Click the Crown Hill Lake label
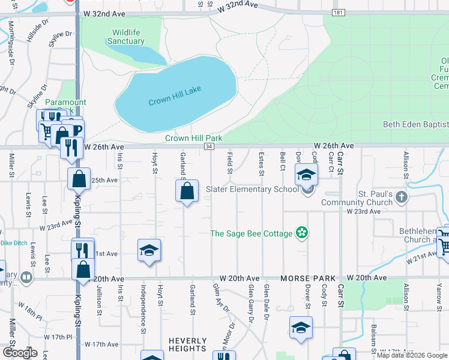point(175,96)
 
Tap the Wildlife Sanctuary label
point(125,37)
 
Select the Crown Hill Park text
point(194,138)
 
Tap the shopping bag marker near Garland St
point(187,192)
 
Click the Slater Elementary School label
point(252,190)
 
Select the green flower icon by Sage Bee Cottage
point(302,233)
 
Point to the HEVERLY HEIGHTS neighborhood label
point(187,344)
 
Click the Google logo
point(19,353)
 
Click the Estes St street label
point(261,164)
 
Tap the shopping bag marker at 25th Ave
point(79,179)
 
